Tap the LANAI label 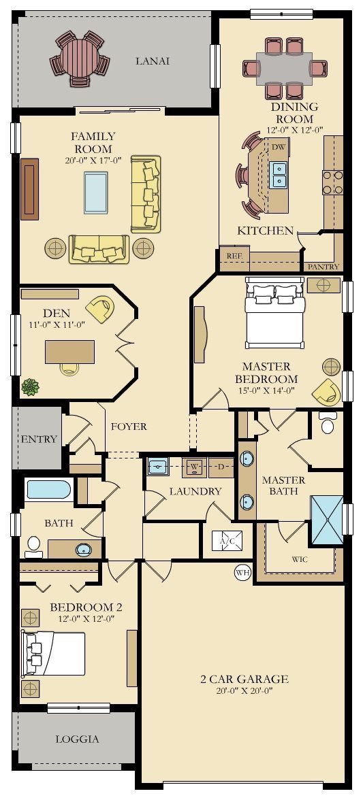(153, 61)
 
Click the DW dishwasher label (278, 147)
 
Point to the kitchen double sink (279, 175)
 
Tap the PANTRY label (323, 267)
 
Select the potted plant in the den (31, 387)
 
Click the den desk (69, 351)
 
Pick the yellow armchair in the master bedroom (326, 393)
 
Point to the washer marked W (194, 467)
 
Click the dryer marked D (221, 467)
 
